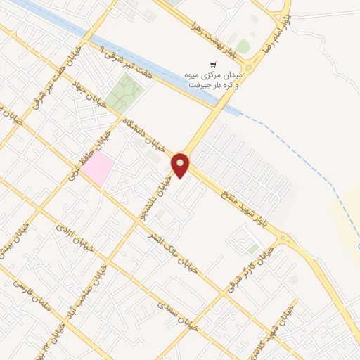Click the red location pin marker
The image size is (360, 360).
pyautogui.click(x=181, y=165)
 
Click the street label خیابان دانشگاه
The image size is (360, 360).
pyautogui.click(x=143, y=134)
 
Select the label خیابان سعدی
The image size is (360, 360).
pyautogui.click(x=175, y=314)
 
